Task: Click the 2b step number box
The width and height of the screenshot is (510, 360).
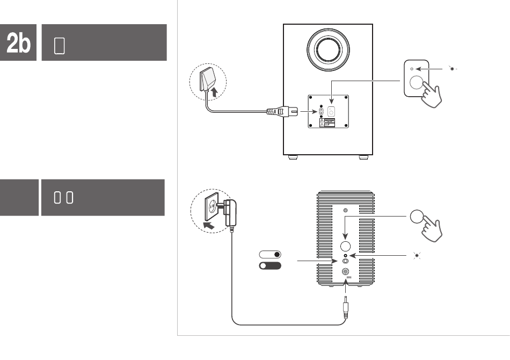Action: click(x=19, y=42)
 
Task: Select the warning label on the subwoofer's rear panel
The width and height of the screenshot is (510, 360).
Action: click(x=327, y=123)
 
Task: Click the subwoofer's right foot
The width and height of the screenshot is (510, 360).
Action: click(x=363, y=157)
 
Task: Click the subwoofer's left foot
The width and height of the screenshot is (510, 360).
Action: click(x=293, y=157)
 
